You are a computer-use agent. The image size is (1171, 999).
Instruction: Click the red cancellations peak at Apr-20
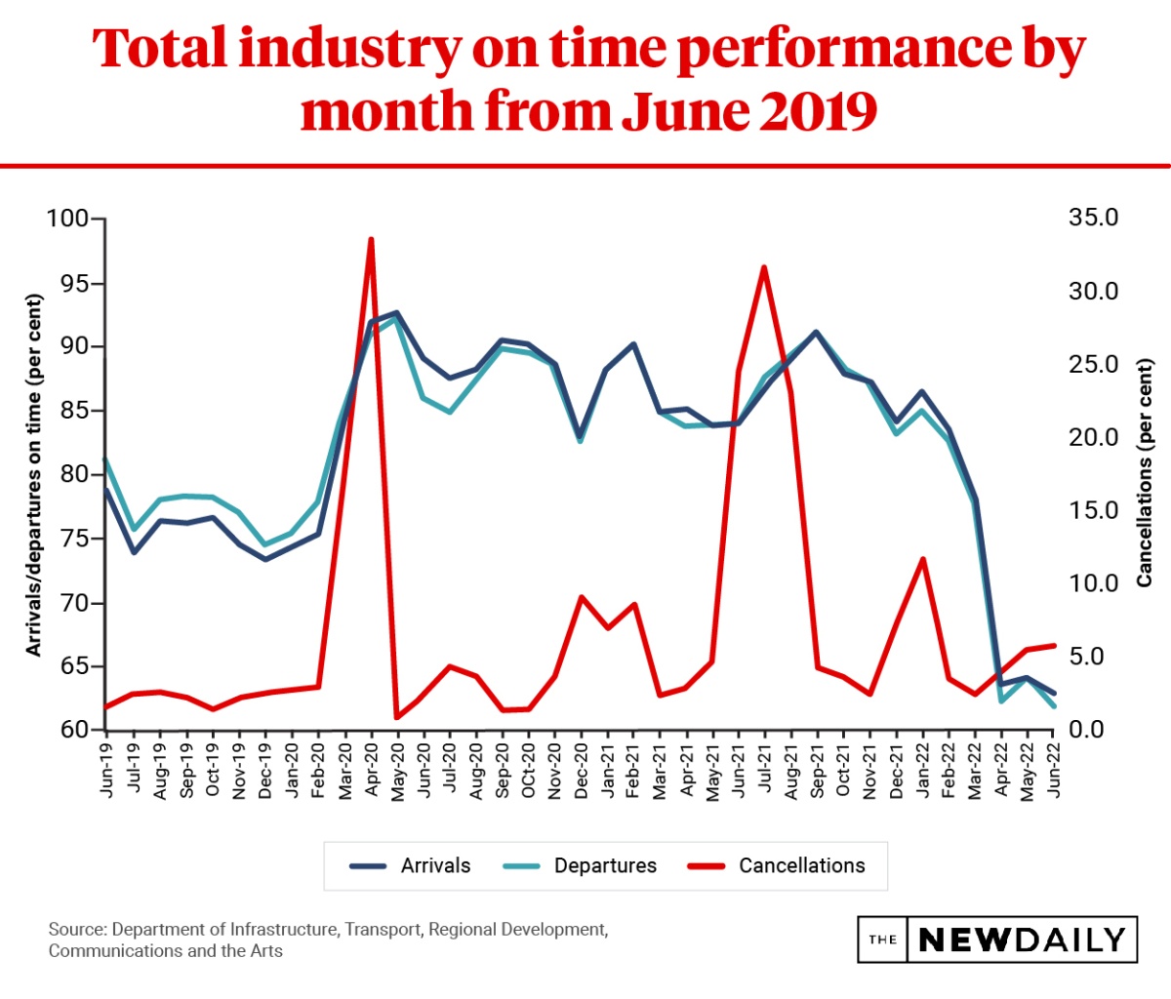tap(371, 239)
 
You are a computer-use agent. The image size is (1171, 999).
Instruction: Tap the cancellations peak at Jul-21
tap(764, 267)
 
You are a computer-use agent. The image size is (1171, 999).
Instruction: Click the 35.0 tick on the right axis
tap(1094, 218)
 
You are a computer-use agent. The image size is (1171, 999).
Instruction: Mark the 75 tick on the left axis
tap(73, 539)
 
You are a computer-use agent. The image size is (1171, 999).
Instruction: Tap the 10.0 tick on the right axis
tap(1094, 583)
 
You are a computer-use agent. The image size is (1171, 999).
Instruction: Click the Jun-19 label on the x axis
tap(106, 770)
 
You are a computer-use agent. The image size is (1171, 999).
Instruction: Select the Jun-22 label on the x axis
tap(1055, 770)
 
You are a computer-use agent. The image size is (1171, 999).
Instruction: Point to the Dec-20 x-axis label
tap(582, 770)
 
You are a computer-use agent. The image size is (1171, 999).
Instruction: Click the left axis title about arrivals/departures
tap(34, 474)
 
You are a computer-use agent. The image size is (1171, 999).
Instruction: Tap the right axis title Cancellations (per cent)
tap(1145, 474)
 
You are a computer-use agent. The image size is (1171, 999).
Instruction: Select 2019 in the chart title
tap(819, 110)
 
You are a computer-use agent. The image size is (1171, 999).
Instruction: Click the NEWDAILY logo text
tap(1022, 939)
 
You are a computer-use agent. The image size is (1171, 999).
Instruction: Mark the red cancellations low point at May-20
tap(397, 718)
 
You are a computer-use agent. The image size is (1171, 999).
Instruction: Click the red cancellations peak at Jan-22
tap(922, 559)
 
